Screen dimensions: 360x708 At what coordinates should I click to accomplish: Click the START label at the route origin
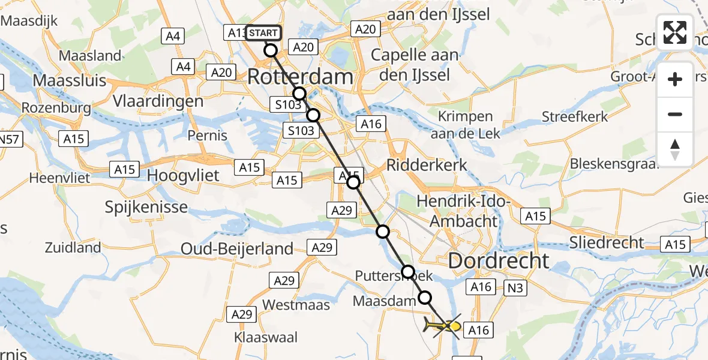[263, 33]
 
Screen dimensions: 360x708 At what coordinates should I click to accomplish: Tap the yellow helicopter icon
[443, 327]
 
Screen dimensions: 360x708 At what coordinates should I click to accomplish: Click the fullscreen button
[675, 32]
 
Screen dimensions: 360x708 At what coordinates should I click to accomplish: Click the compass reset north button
[675, 149]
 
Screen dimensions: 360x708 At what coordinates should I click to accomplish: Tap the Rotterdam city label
[300, 77]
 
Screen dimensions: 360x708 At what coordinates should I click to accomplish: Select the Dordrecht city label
[498, 260]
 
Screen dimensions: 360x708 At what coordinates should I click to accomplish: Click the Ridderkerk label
[427, 164]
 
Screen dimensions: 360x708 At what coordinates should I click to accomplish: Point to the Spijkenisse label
[146, 208]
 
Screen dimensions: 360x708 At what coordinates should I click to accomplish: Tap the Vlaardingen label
[161, 101]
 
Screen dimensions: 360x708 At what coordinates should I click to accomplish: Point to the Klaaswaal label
[266, 337]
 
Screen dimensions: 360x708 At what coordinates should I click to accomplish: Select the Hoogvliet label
[184, 175]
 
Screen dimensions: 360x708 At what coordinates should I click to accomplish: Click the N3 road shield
[515, 288]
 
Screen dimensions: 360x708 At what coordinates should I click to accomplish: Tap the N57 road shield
[8, 139]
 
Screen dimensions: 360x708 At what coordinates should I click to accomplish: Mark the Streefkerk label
[575, 116]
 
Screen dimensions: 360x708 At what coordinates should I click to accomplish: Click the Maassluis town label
[70, 80]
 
